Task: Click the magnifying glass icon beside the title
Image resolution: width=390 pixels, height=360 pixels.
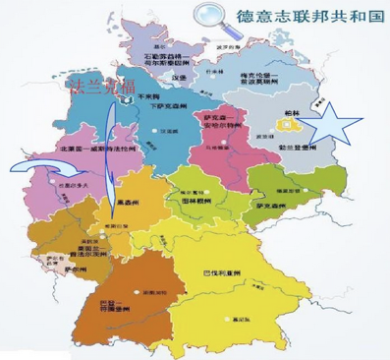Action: click(x=209, y=16)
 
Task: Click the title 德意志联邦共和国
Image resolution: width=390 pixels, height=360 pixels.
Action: click(x=306, y=16)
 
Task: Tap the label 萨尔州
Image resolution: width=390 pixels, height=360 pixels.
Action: click(x=72, y=266)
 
